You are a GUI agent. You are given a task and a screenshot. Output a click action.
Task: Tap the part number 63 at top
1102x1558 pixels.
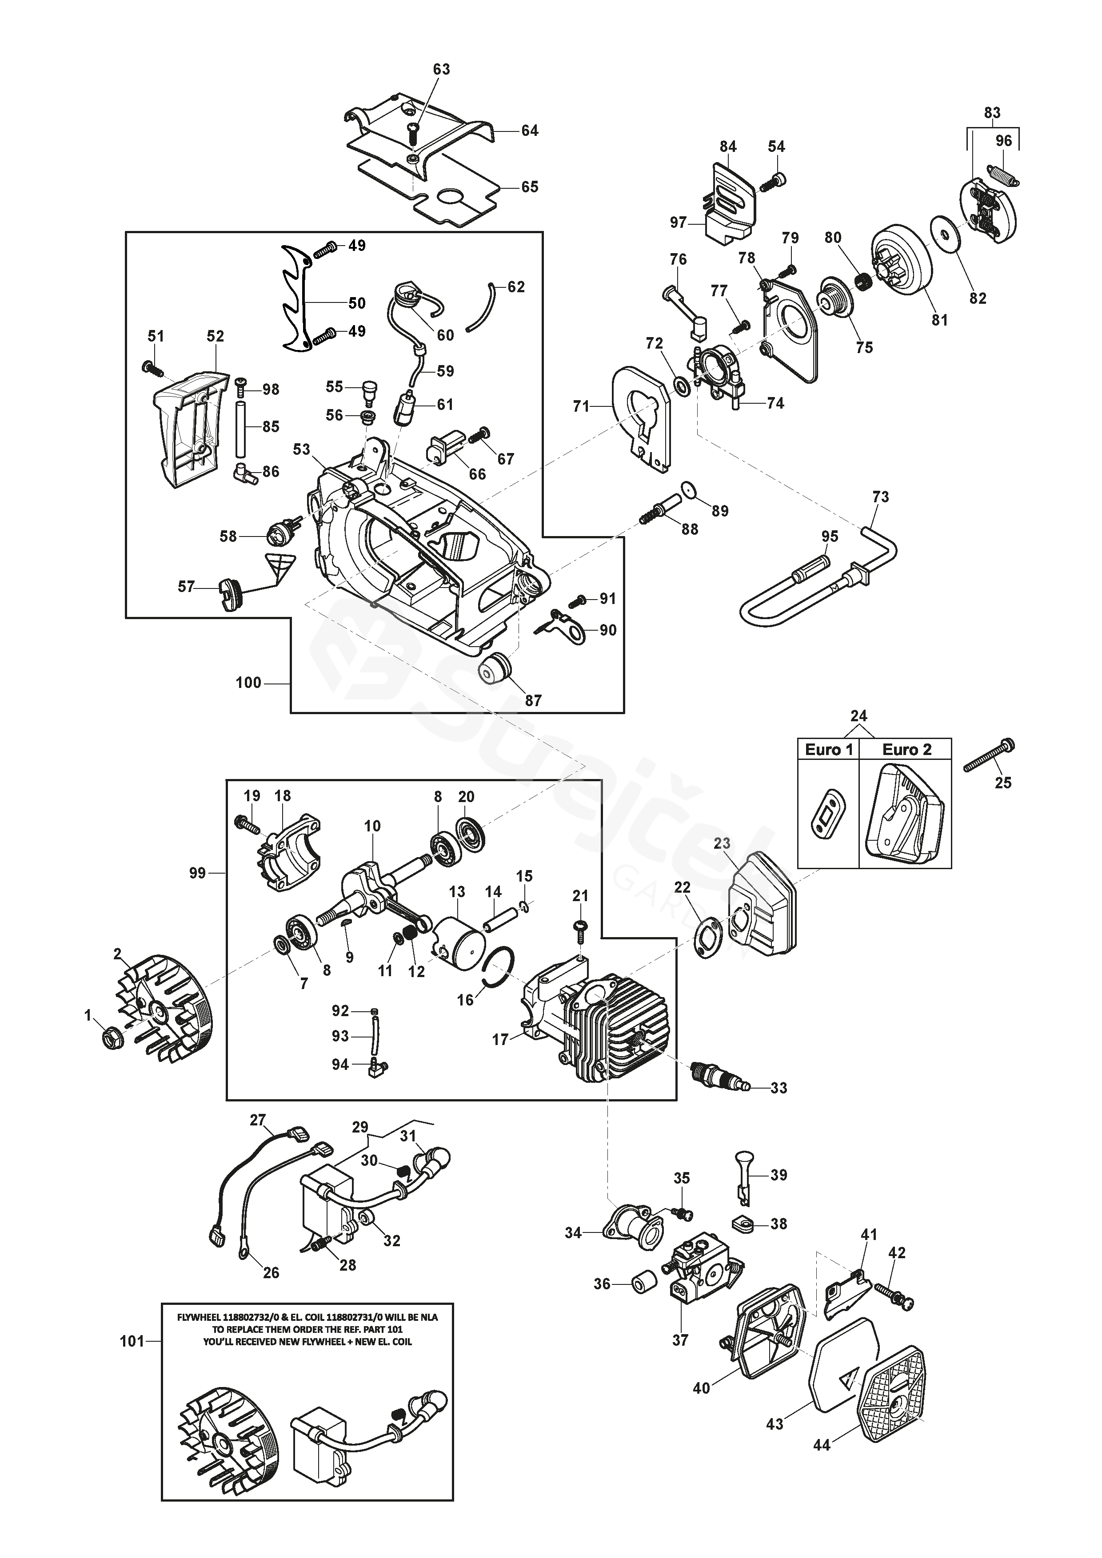441,69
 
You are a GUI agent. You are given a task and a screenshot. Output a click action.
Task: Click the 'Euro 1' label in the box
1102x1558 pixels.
828,750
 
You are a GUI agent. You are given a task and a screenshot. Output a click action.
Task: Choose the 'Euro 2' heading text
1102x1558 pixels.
906,750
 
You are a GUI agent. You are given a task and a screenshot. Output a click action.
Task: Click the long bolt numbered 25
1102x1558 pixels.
989,755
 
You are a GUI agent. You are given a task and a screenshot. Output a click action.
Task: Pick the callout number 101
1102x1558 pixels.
132,1341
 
